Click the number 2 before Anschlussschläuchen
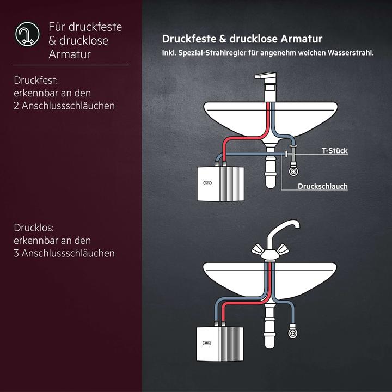coord(17,106)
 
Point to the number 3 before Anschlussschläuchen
coord(17,253)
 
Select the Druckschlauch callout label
coord(322,186)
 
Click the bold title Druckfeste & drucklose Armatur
coord(242,39)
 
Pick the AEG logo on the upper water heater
coord(206,183)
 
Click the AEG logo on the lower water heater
coord(206,344)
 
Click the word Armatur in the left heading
coord(69,54)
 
